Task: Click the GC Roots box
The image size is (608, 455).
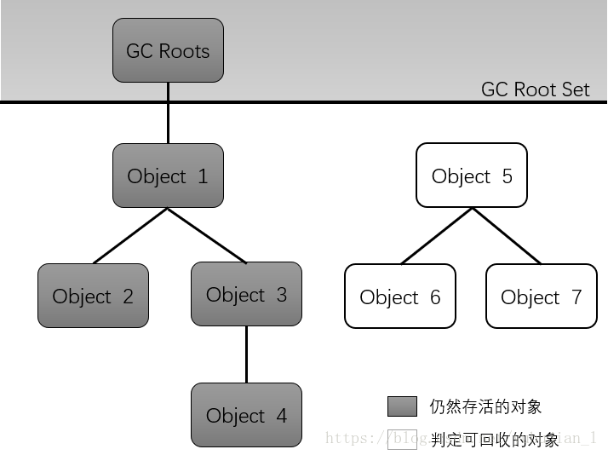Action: tap(168, 51)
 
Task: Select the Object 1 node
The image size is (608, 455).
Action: tap(168, 176)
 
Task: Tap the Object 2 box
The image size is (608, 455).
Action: tap(93, 296)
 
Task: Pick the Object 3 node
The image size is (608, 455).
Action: tap(246, 294)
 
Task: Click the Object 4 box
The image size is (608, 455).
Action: tap(246, 415)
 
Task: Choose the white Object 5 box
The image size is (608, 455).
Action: tap(472, 176)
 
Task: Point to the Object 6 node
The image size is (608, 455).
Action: tap(400, 297)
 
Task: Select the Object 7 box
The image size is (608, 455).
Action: tap(542, 297)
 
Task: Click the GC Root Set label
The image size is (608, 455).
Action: tap(535, 89)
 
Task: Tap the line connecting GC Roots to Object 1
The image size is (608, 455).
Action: tap(168, 112)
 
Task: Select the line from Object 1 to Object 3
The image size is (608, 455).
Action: tap(207, 235)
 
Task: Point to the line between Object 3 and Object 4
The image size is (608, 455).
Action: tap(246, 354)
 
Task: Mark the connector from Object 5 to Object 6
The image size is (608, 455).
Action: tap(436, 236)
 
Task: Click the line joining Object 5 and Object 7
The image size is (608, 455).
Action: tap(507, 236)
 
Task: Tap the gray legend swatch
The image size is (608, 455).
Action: tap(402, 406)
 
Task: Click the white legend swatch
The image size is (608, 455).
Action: tap(402, 439)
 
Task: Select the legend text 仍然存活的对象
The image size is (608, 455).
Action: tap(485, 406)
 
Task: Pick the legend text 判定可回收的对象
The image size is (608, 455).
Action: tap(495, 440)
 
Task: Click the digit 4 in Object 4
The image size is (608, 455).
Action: tap(281, 416)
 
